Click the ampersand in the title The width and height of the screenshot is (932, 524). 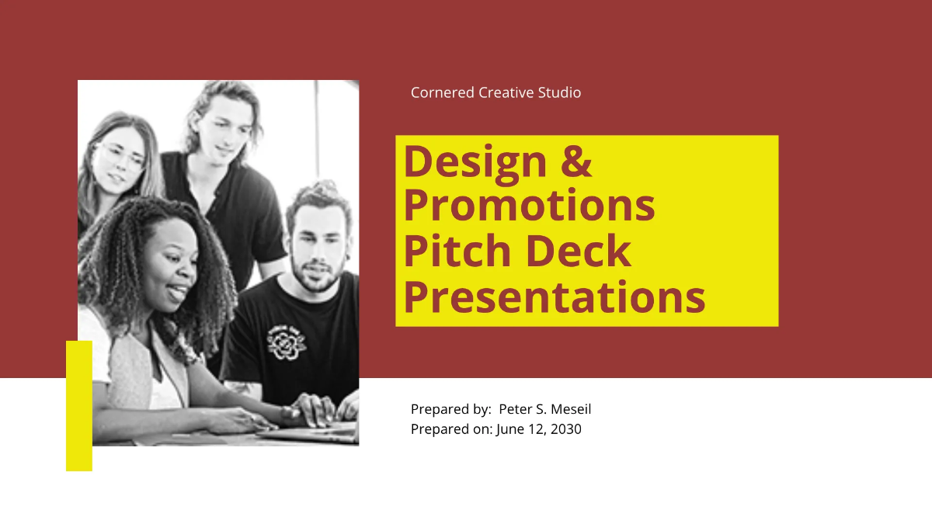(576, 161)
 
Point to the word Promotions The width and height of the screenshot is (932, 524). (529, 206)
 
